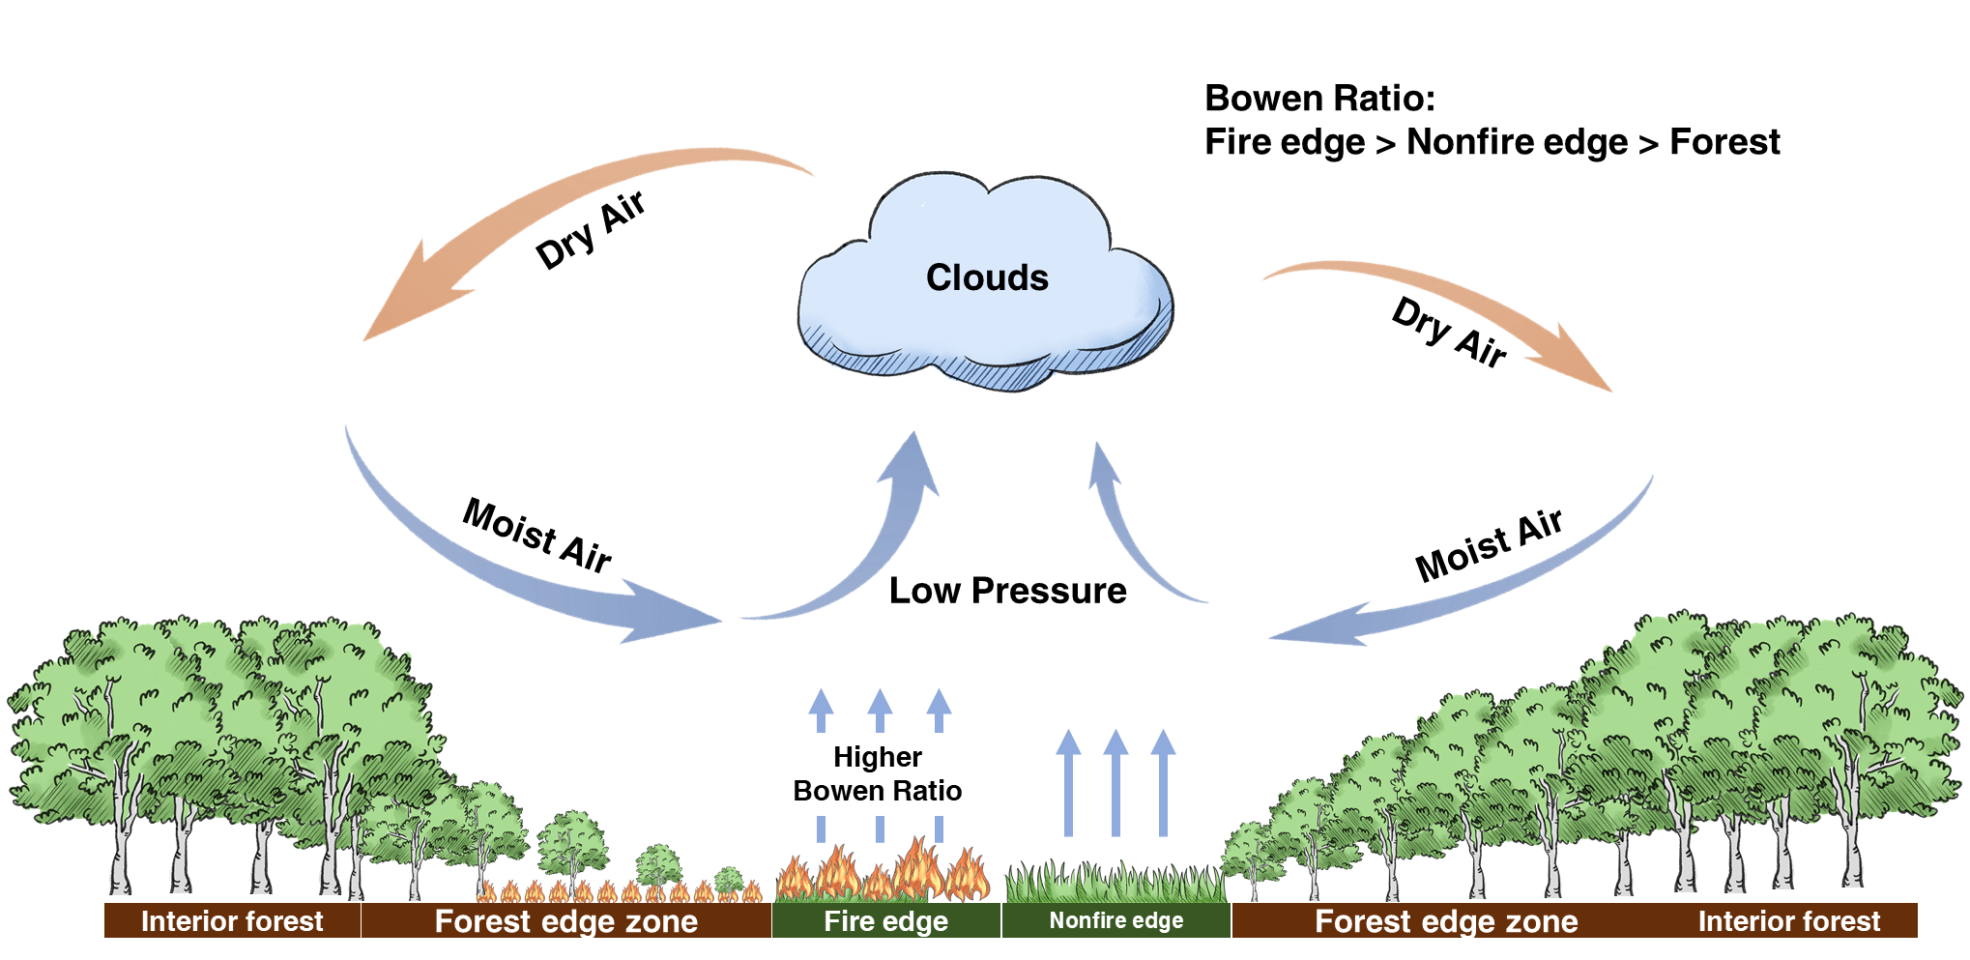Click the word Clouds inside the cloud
click(987, 278)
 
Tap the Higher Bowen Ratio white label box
click(878, 773)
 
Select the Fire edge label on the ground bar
click(885, 921)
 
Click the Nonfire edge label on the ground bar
click(1116, 920)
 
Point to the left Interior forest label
click(232, 921)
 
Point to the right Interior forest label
click(1789, 921)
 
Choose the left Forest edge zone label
click(566, 921)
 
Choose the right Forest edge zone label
click(1446, 921)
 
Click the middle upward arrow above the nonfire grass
click(1115, 783)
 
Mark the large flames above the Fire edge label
click(884, 870)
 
